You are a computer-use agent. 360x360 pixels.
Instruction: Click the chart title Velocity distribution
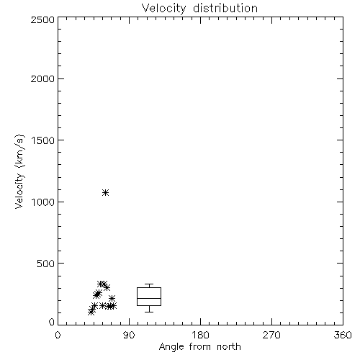coord(199,8)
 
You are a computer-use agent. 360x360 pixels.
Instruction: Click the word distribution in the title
coord(225,8)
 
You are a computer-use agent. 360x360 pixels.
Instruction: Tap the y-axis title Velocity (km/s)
coord(19,171)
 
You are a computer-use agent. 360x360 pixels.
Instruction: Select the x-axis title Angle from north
coord(199,346)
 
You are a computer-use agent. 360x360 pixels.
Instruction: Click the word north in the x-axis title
coord(229,346)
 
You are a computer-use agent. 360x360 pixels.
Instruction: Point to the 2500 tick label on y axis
coord(42,19)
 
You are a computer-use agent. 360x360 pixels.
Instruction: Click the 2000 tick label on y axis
coord(42,78)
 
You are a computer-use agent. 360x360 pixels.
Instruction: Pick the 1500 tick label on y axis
coord(43,140)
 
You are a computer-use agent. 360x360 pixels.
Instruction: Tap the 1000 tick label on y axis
coord(43,202)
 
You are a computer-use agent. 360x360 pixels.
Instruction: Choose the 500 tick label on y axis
coord(46,264)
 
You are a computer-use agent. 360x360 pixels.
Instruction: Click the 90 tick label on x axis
coord(129,335)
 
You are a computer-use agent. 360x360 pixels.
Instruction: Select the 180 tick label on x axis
coord(200,335)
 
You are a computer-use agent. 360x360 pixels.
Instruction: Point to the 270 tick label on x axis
coord(271,335)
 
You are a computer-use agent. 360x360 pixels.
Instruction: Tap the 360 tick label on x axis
coord(343,335)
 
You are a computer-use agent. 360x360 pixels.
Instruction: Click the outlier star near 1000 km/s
coord(105,192)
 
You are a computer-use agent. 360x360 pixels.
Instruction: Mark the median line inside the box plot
coord(149,298)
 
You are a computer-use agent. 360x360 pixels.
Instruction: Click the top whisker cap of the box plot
coord(149,284)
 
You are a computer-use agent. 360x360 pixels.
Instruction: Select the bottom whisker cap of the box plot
coord(149,312)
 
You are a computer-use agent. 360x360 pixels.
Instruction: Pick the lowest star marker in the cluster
coord(91,312)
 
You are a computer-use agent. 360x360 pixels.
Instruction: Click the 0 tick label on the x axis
coord(58,335)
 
